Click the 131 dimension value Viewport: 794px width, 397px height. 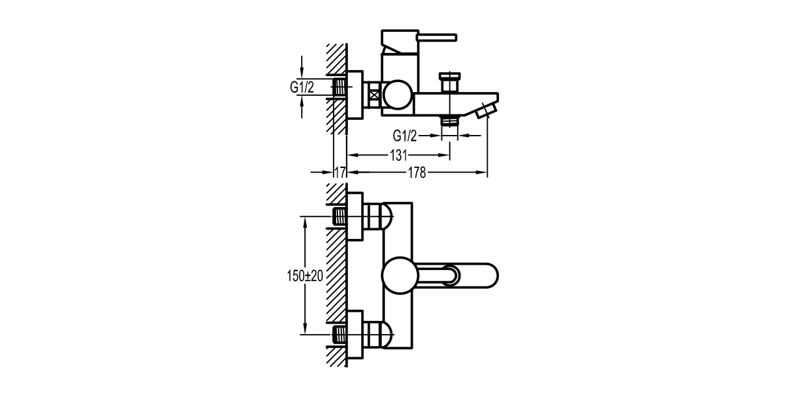[398, 155]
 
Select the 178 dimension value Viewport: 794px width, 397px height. [417, 173]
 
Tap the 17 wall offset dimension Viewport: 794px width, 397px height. [340, 173]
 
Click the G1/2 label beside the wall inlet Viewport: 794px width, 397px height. [301, 87]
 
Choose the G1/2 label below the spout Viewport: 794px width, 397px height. [405, 136]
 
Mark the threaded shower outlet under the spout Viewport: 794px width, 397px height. [450, 120]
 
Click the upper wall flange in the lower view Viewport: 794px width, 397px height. [356, 218]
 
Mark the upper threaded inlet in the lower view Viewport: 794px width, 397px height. [339, 216]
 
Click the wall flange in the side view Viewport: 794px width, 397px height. [355, 96]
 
